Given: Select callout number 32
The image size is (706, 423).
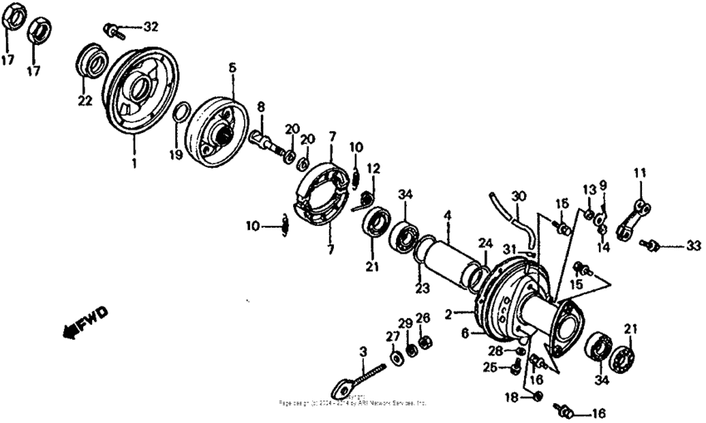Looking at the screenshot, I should [150, 27].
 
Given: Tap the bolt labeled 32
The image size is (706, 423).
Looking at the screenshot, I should [115, 32].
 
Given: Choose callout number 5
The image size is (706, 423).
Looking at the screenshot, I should [233, 66].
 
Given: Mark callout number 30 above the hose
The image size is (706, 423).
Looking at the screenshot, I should [519, 196].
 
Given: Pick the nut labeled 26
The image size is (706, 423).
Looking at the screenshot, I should [424, 342].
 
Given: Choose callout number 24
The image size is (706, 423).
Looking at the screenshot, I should [485, 243].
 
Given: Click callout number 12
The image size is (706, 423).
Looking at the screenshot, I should [374, 168].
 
